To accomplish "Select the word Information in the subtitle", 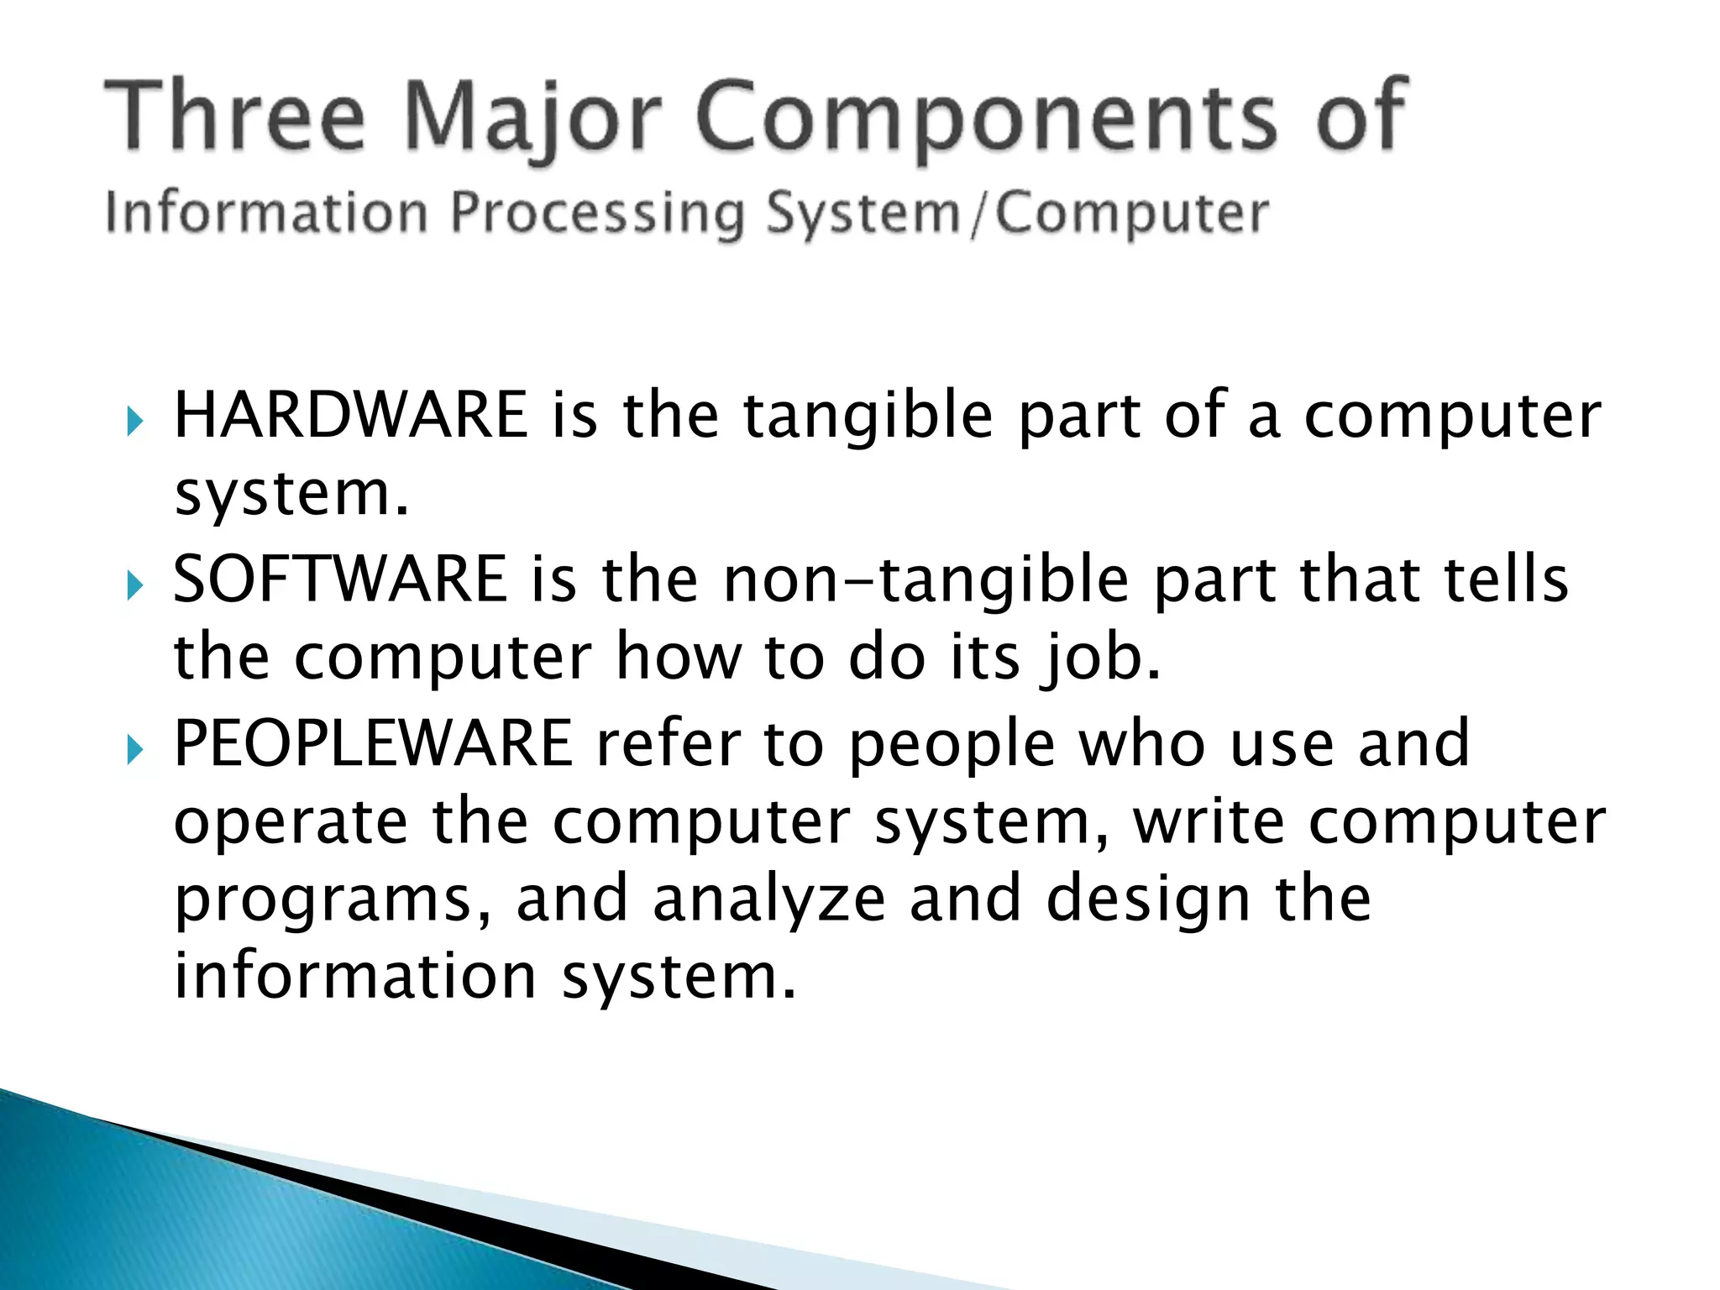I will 266,213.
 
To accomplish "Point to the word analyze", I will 768,899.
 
